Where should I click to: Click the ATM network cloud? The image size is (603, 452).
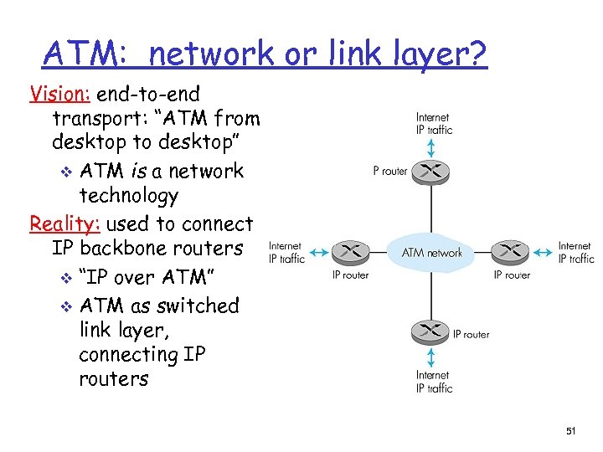(431, 251)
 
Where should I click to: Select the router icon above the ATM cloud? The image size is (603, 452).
(432, 171)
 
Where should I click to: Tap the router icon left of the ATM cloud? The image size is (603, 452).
(350, 251)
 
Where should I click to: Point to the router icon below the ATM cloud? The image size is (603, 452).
(431, 332)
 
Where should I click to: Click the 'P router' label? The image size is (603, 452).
(390, 172)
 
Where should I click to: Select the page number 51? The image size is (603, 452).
(570, 431)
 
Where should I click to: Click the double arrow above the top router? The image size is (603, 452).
(432, 148)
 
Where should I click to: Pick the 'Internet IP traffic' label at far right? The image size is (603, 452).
(575, 252)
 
